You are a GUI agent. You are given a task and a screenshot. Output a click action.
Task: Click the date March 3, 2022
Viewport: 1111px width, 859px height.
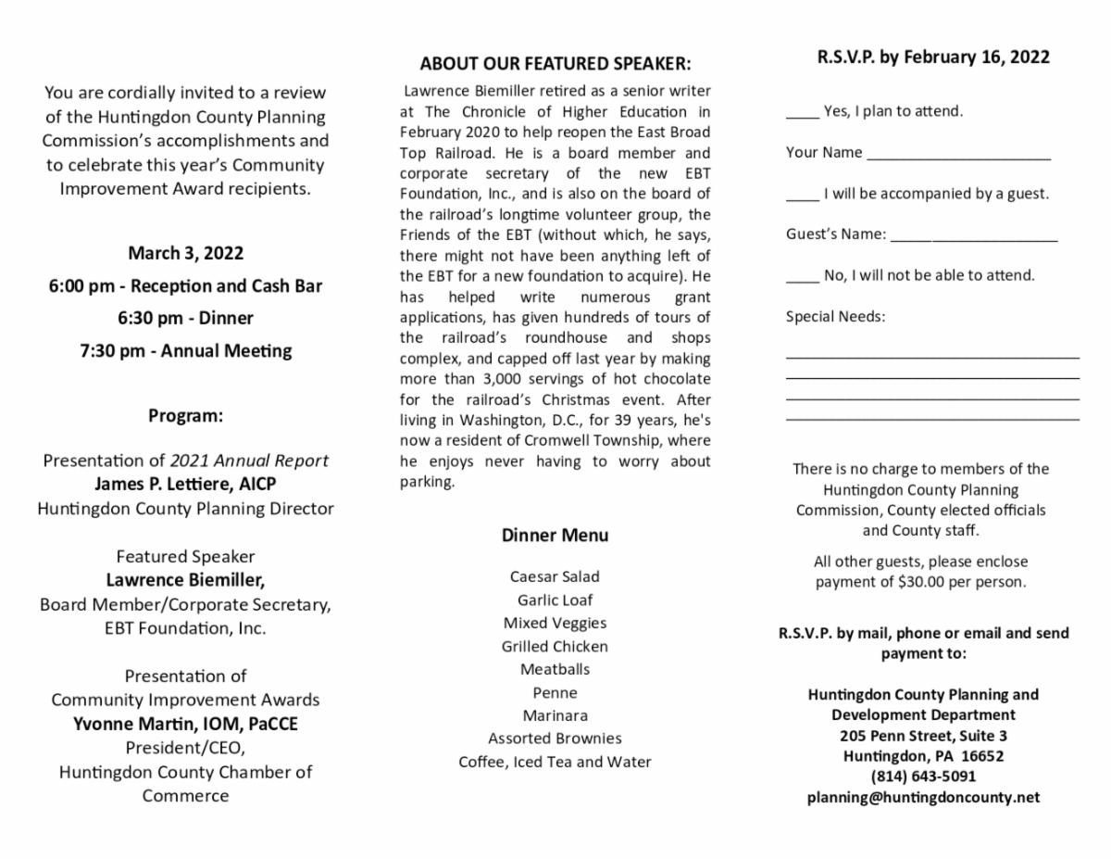tap(185, 253)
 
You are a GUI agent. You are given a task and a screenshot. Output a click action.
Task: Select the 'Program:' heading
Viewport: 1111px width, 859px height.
tap(185, 415)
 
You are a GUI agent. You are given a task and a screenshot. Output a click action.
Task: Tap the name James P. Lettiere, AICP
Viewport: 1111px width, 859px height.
tap(185, 484)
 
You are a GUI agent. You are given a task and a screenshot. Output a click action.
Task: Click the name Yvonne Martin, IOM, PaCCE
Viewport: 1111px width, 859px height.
tap(185, 724)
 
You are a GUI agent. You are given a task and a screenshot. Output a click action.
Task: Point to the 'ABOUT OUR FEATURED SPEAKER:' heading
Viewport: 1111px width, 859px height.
tap(555, 64)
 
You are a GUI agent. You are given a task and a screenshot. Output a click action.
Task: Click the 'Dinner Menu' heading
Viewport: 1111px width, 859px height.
tap(555, 535)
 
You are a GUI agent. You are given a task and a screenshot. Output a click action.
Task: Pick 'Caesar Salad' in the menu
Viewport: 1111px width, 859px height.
tap(555, 576)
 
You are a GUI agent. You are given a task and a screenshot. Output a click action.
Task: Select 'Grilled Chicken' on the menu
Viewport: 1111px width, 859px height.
tap(555, 646)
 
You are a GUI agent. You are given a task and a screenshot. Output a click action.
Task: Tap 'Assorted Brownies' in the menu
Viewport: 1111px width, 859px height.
tap(555, 739)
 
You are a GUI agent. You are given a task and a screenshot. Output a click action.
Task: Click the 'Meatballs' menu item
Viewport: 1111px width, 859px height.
tap(555, 669)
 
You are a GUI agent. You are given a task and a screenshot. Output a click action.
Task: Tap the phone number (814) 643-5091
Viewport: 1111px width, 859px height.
tap(923, 777)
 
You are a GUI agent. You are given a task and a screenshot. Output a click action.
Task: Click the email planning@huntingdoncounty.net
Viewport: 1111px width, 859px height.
tap(923, 797)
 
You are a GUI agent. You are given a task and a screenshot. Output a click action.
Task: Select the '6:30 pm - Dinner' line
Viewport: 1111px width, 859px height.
tap(185, 318)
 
